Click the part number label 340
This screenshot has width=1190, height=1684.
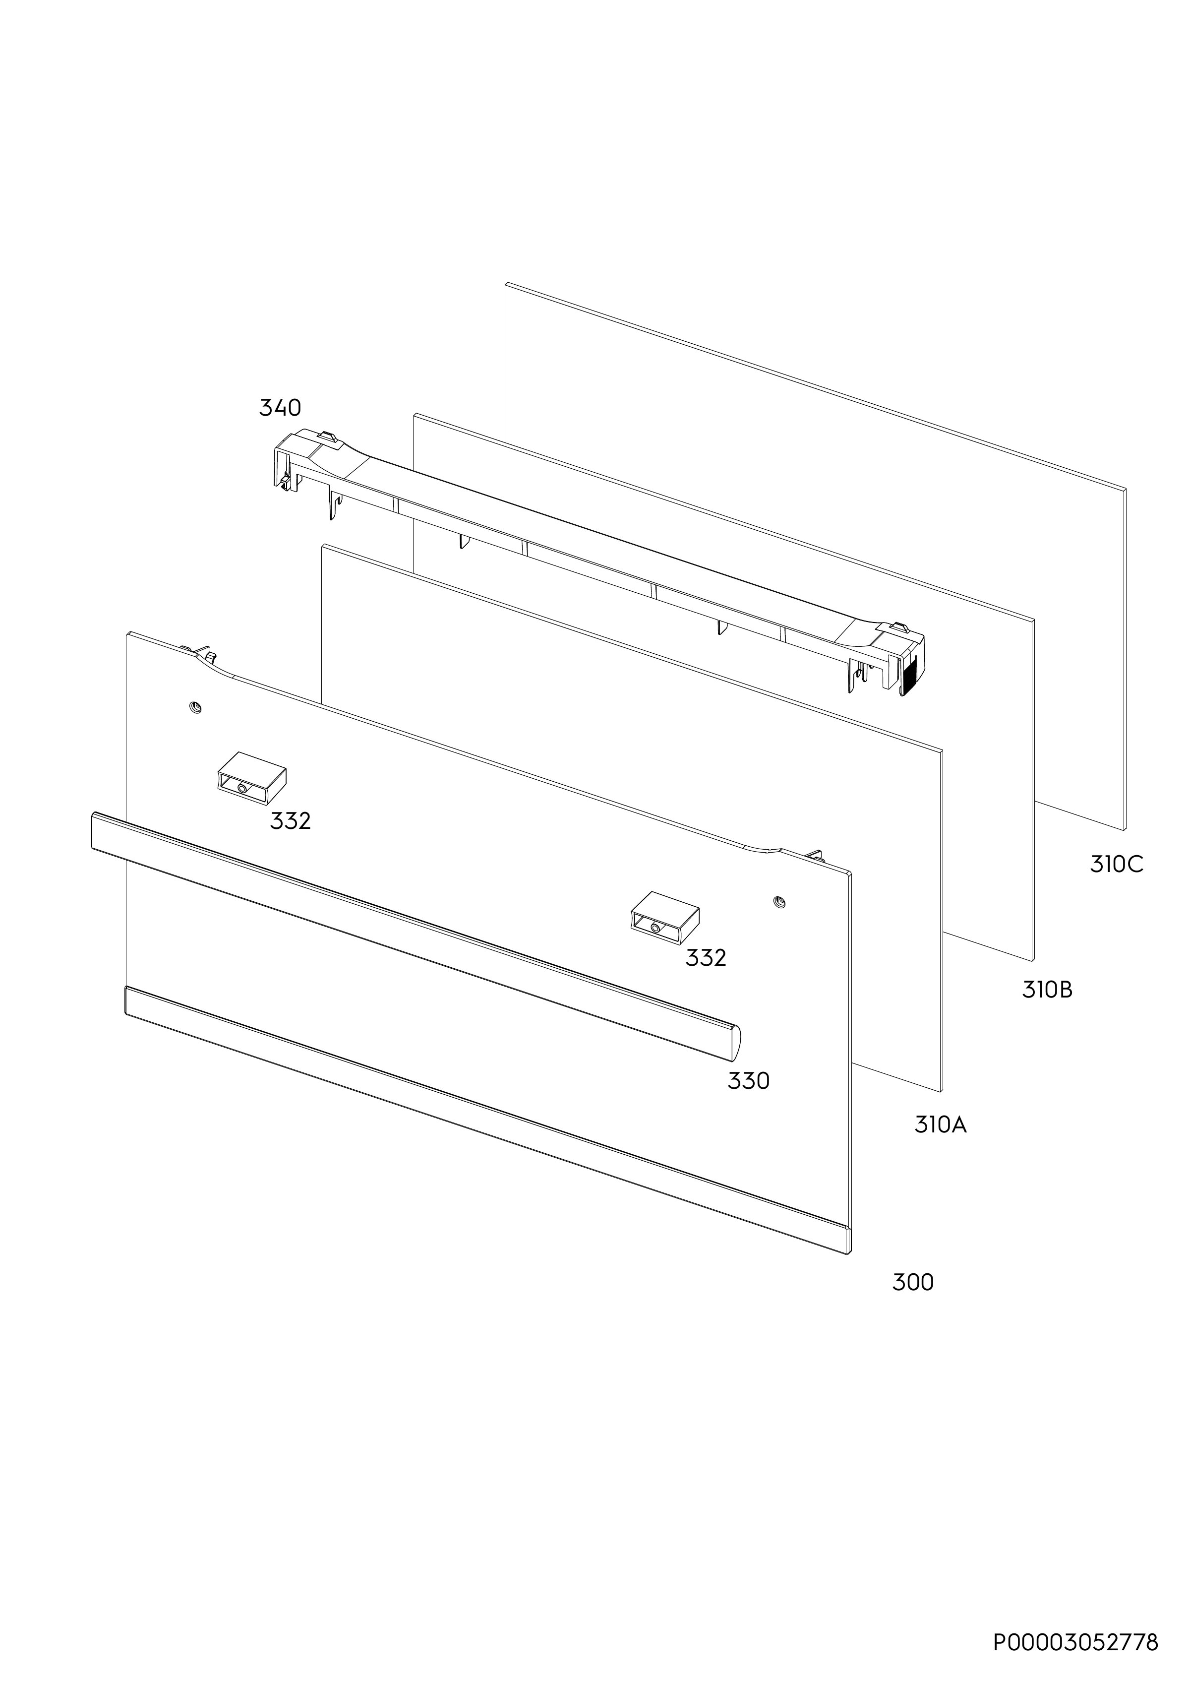tap(280, 408)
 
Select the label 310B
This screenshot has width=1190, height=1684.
tap(1047, 990)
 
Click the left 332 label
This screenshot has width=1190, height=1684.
tap(291, 821)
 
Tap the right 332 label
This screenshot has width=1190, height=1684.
tap(706, 957)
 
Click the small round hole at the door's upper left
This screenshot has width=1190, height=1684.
tap(195, 707)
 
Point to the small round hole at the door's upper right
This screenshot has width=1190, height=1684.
tap(778, 901)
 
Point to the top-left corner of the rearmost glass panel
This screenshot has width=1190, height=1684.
tap(506, 283)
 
